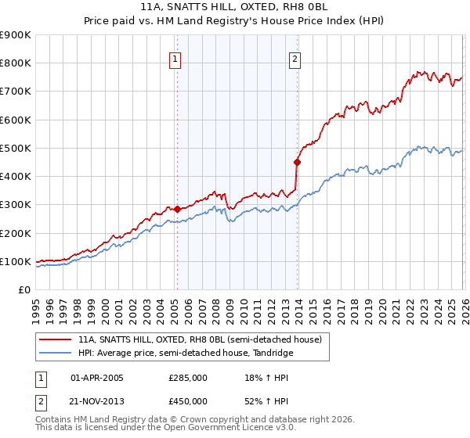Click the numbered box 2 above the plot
[x=295, y=58]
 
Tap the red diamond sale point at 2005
[x=177, y=209]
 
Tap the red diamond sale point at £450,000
[x=298, y=163]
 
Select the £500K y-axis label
[x=16, y=148]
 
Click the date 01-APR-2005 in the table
[x=97, y=378]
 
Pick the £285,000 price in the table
[x=188, y=378]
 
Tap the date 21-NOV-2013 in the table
[x=98, y=400]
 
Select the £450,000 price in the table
[x=188, y=400]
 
